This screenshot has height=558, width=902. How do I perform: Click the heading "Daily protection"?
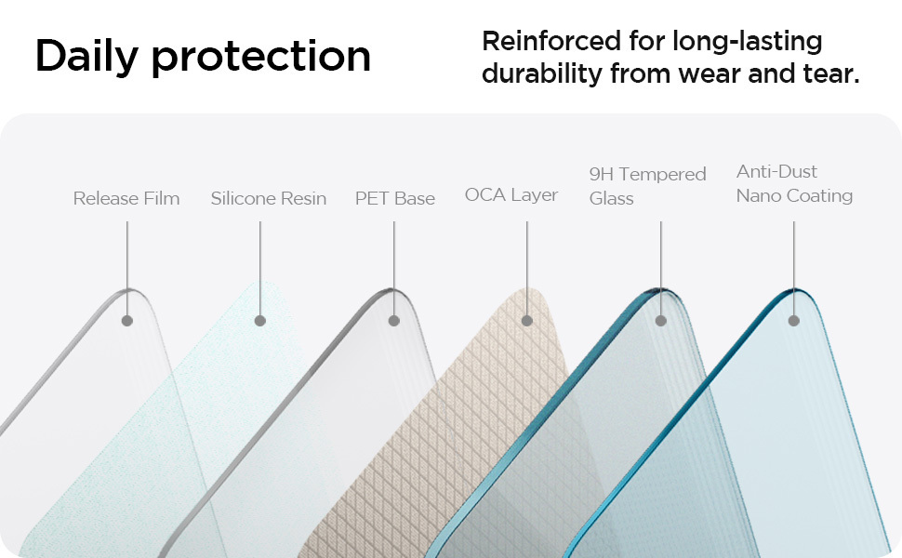[203, 57]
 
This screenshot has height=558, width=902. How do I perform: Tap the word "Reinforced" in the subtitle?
[551, 42]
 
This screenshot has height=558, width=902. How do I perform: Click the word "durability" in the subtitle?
[542, 73]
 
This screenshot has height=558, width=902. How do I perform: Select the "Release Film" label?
[126, 198]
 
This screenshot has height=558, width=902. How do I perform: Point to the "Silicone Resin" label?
[268, 198]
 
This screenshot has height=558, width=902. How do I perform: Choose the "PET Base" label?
[394, 198]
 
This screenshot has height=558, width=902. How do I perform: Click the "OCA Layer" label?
[511, 195]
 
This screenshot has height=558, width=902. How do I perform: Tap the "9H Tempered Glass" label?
[648, 186]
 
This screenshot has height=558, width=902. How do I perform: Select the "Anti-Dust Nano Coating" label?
[794, 183]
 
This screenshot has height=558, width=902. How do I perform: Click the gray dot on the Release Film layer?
[127, 321]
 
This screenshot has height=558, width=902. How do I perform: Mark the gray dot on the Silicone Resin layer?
[260, 321]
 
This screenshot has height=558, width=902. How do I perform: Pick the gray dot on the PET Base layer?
[394, 321]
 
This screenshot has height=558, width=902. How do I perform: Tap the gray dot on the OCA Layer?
[527, 321]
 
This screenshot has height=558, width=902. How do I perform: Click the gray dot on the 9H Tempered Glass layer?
[661, 321]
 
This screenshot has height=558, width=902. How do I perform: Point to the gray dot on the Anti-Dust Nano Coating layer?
[794, 321]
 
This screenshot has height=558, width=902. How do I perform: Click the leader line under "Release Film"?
[127, 268]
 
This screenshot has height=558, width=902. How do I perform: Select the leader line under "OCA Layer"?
[527, 268]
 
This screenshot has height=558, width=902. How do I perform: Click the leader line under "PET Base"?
[394, 268]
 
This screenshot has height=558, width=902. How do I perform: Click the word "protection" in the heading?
[261, 58]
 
